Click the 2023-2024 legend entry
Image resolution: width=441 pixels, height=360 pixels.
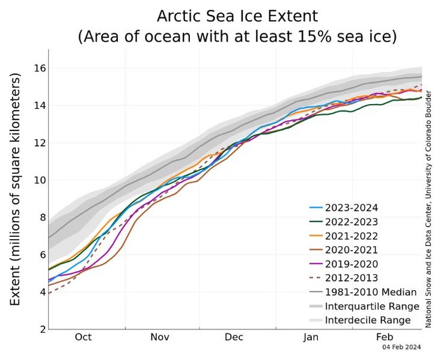tap(351, 209)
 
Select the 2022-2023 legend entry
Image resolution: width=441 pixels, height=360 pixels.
tap(351, 222)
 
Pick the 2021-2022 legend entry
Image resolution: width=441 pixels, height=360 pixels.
tap(351, 236)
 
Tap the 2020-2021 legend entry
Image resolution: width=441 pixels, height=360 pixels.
tap(351, 250)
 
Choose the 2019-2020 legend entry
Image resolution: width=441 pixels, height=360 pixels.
tap(351, 264)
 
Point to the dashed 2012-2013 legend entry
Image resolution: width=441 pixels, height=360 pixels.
tap(351, 278)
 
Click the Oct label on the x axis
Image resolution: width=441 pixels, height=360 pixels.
tap(83, 337)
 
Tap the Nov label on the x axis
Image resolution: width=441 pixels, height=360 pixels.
tap(160, 337)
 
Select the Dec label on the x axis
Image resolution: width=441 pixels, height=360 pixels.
tap(234, 337)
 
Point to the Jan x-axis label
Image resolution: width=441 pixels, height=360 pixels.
tap(311, 337)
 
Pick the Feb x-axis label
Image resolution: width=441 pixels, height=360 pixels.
tap(385, 337)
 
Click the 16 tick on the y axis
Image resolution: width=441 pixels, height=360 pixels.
tap(39, 68)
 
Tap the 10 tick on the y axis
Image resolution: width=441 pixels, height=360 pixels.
tap(39, 180)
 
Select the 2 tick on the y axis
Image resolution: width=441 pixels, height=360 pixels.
tap(42, 329)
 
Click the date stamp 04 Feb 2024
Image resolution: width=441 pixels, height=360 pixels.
tap(402, 347)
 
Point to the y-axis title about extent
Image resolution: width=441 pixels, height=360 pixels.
tap(16, 189)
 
